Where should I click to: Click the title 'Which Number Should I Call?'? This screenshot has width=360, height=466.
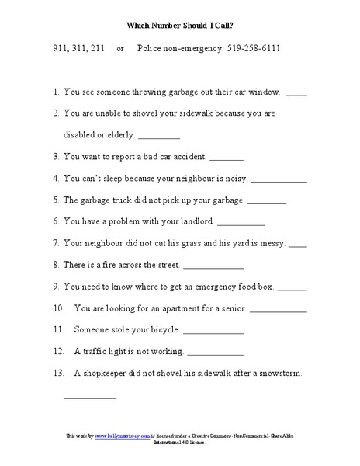tap(180, 24)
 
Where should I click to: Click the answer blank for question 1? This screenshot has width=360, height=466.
tap(296, 94)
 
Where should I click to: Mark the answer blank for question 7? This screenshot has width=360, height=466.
tap(298, 245)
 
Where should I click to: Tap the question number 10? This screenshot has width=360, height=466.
tap(59, 308)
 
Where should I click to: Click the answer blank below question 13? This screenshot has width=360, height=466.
tap(89, 398)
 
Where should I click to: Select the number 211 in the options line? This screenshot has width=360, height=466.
tap(100, 49)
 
